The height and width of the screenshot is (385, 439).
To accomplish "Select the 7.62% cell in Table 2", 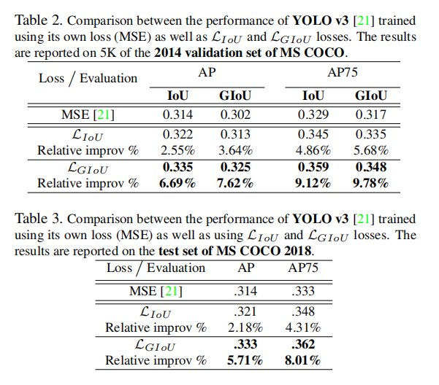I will pos(234,183).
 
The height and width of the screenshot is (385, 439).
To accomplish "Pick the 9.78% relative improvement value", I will pos(371,183).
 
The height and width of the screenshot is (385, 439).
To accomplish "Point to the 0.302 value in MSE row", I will pos(234,114).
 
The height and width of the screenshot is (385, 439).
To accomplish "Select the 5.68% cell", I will pos(371,149).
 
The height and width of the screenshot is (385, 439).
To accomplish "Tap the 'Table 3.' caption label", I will pos(38,218).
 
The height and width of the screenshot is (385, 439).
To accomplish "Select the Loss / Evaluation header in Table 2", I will pos(88,77).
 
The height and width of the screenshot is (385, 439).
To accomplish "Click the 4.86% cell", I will pos(313,149).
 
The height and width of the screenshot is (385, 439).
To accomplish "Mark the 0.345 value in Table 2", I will pos(313,135).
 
